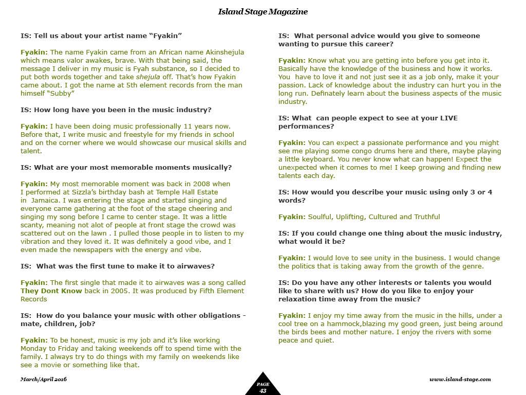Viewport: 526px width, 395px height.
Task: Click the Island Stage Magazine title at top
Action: click(262, 11)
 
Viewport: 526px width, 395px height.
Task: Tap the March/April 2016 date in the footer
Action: click(44, 379)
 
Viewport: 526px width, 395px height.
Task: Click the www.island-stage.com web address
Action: click(460, 379)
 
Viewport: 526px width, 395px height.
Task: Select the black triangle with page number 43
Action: click(262, 385)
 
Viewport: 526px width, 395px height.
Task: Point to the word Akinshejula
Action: click(222, 52)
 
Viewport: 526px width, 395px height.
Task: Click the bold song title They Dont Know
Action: click(51, 291)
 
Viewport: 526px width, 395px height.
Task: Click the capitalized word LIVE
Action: click(446, 118)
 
